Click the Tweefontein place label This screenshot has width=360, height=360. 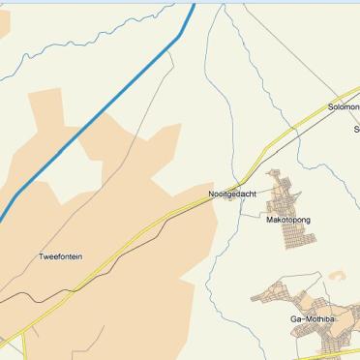60,256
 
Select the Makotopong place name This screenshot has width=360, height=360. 288,220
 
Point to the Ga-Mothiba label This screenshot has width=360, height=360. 312,318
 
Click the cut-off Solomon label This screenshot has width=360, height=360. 344,106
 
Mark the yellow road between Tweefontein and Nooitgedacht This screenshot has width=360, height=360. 145,228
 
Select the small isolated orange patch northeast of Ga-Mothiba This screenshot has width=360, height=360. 337,276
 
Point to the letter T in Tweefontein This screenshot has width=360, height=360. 41,256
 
